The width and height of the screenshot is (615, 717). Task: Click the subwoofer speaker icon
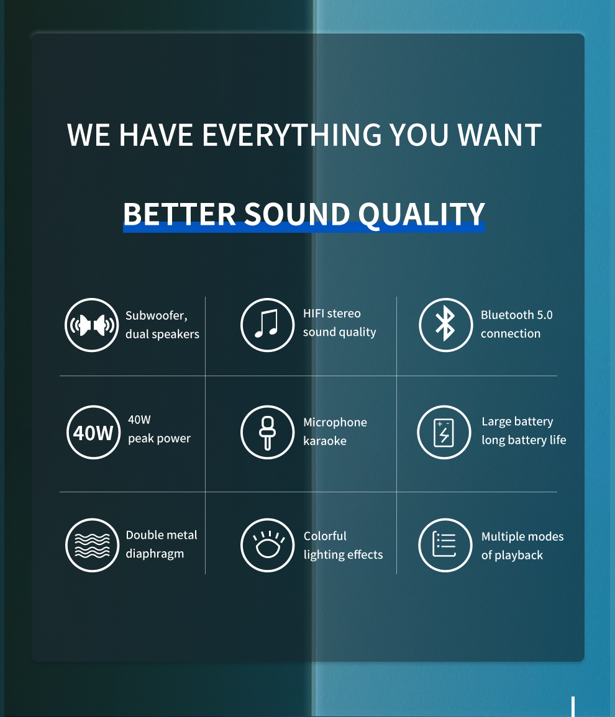tap(92, 325)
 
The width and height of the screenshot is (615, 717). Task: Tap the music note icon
tap(267, 325)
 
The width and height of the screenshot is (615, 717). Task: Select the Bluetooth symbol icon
tap(445, 325)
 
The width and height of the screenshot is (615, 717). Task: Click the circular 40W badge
tap(93, 432)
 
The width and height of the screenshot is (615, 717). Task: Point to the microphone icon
tap(267, 432)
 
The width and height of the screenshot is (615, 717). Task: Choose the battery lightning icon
tap(444, 432)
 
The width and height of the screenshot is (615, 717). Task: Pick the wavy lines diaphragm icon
tap(92, 545)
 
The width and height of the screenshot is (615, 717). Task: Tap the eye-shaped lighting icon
tap(267, 545)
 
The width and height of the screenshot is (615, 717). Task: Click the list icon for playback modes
tap(445, 545)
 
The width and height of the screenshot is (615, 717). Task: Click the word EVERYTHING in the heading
tap(292, 135)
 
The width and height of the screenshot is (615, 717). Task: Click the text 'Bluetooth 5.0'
tap(516, 315)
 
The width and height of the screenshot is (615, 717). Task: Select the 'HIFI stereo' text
tap(332, 313)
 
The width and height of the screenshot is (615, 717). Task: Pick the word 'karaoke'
tap(325, 441)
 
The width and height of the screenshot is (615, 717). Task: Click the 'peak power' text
tap(159, 438)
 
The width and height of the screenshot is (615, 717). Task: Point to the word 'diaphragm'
tap(155, 554)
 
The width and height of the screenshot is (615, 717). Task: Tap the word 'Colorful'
tap(325, 536)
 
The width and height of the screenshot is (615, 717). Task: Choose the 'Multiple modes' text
tap(522, 536)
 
